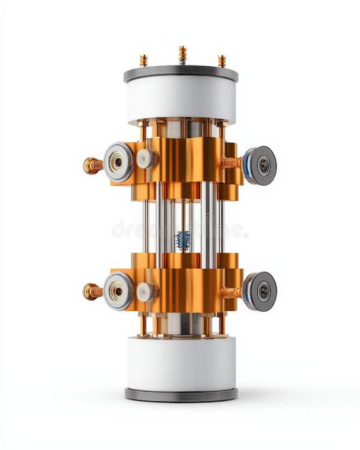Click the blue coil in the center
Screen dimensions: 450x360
click(x=182, y=239)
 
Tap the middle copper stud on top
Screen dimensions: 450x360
click(x=182, y=54)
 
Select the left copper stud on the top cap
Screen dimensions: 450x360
click(x=144, y=60)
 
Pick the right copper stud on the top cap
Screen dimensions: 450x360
click(x=222, y=61)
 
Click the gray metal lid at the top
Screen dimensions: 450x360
click(x=181, y=73)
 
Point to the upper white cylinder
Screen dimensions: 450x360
click(x=181, y=99)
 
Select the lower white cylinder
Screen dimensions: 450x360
click(x=181, y=364)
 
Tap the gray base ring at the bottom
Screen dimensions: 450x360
click(x=181, y=394)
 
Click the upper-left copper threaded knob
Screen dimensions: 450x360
click(x=93, y=165)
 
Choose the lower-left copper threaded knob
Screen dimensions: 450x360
click(x=93, y=291)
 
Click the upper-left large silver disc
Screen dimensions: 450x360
click(x=119, y=162)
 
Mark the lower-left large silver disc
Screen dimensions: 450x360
click(x=119, y=291)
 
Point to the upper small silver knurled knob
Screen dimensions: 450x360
click(x=147, y=159)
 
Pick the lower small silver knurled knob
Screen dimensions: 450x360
click(x=147, y=292)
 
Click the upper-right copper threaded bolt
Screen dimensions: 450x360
click(x=231, y=162)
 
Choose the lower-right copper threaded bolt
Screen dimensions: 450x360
click(x=231, y=292)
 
